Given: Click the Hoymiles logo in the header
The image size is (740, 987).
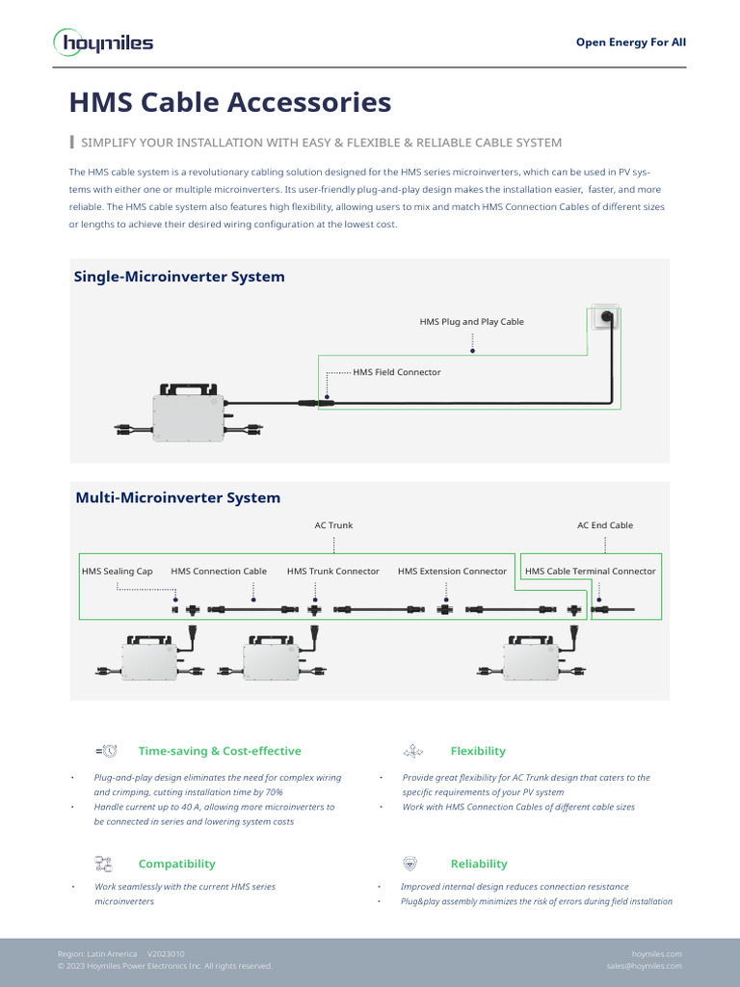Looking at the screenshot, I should pyautogui.click(x=102, y=42).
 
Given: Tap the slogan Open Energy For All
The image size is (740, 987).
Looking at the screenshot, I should pyautogui.click(x=630, y=42).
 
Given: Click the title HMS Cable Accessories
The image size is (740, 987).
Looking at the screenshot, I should pyautogui.click(x=229, y=102).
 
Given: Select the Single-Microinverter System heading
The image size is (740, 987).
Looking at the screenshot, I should pyautogui.click(x=179, y=277).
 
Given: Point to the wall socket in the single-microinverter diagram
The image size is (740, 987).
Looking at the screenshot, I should pyautogui.click(x=606, y=316).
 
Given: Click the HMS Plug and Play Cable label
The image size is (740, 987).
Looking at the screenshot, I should pyautogui.click(x=471, y=322).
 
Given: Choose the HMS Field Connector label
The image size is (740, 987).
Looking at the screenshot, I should pyautogui.click(x=396, y=372).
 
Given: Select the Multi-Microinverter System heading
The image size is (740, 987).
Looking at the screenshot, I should pyautogui.click(x=177, y=498).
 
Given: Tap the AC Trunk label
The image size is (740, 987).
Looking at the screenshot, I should pyautogui.click(x=333, y=525).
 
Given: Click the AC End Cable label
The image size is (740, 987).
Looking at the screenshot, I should pyautogui.click(x=604, y=525).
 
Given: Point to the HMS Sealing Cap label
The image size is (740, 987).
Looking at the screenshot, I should pyautogui.click(x=117, y=572).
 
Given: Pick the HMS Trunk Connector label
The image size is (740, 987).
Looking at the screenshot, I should pyautogui.click(x=332, y=572).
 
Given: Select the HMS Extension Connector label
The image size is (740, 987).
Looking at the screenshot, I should pyautogui.click(x=451, y=572).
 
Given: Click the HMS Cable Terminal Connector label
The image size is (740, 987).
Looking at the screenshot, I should pyautogui.click(x=590, y=572).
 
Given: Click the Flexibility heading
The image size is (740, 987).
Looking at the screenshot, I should pyautogui.click(x=477, y=751).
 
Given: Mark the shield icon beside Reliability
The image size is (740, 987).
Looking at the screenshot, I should pyautogui.click(x=410, y=864).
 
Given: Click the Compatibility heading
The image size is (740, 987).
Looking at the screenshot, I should pyautogui.click(x=176, y=864).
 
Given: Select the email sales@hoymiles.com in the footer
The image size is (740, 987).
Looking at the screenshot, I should pyautogui.click(x=644, y=966).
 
